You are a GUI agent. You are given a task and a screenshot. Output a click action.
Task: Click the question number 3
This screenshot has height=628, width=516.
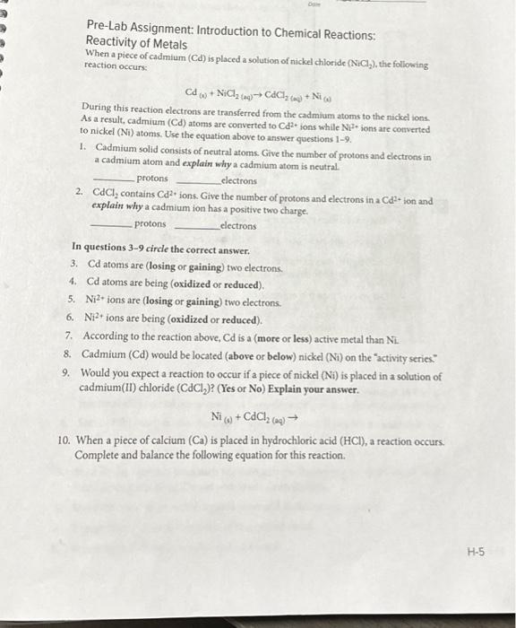pos(73,266)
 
